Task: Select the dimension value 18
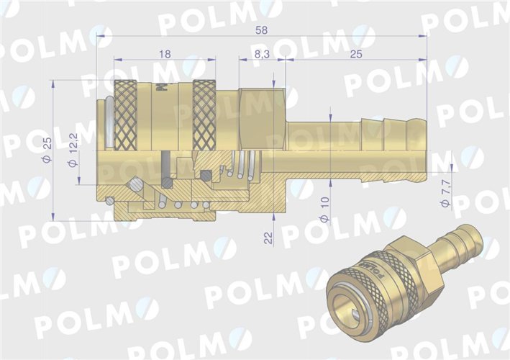coord(165,53)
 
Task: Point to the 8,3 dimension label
coord(262,54)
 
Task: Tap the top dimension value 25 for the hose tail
coord(355,54)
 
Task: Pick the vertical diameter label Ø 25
coord(47,150)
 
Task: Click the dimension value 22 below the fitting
coord(268,238)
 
